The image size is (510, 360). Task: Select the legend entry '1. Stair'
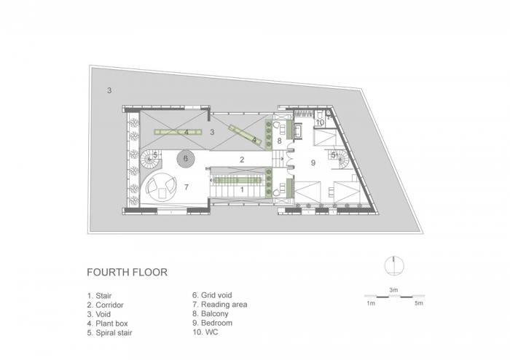tap(101, 296)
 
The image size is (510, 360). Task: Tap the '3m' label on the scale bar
tap(393, 290)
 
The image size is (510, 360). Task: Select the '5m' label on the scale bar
tap(417, 303)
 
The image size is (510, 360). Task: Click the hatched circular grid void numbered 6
tap(186, 157)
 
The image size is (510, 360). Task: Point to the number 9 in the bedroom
tap(313, 163)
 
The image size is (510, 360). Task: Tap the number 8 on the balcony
tap(279, 140)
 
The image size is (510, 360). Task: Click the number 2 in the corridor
tap(242, 158)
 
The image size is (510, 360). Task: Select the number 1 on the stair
tap(242, 188)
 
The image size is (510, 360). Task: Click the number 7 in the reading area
tap(187, 187)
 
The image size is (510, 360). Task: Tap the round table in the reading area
tap(161, 189)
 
